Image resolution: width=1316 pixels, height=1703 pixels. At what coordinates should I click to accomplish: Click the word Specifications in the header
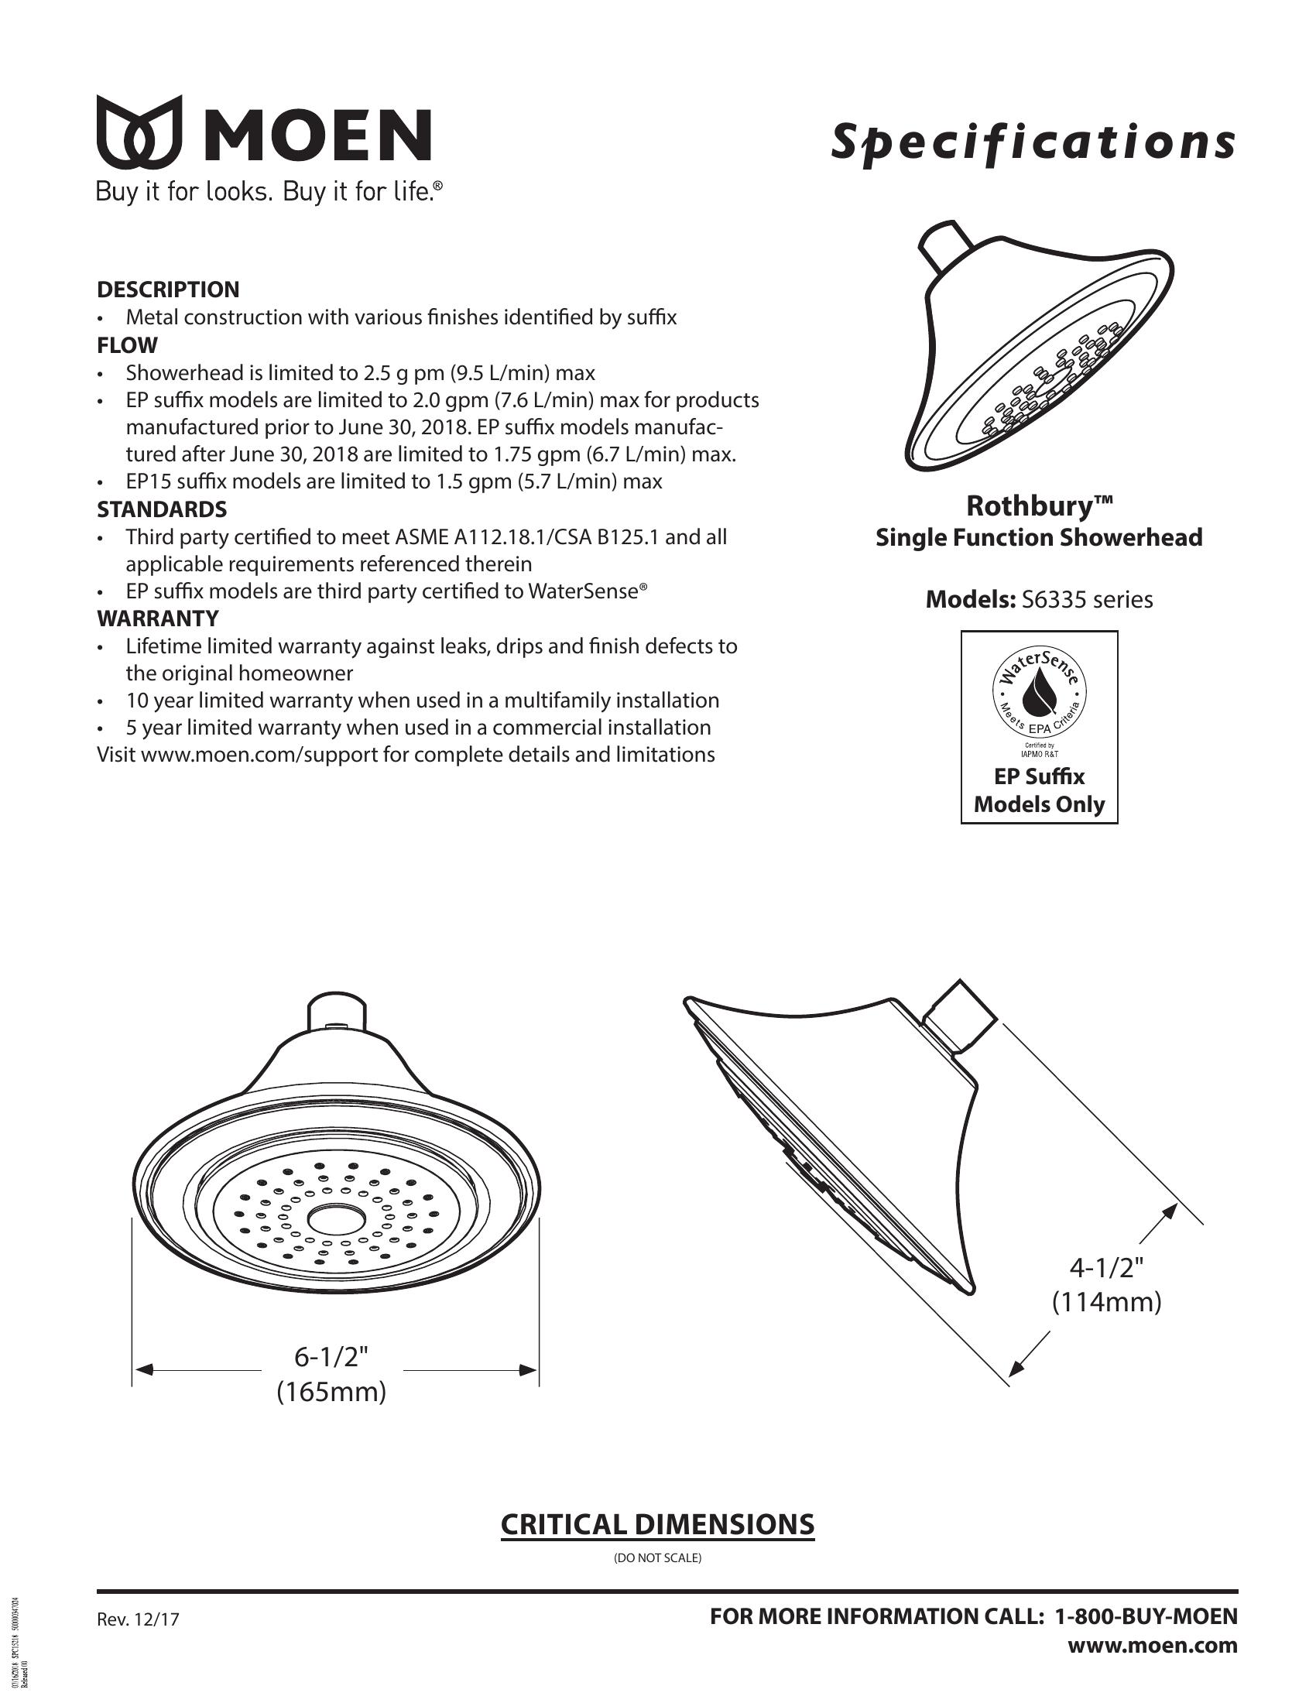point(1032,143)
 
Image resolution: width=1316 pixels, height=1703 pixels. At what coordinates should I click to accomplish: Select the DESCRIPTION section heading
point(168,290)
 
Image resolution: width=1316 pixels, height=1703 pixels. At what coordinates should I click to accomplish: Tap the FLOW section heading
point(127,344)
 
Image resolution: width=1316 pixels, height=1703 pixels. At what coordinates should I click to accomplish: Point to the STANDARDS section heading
point(161,509)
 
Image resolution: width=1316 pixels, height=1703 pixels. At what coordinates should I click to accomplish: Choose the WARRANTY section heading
point(157,618)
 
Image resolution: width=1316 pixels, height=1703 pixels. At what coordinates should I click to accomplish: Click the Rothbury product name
point(1039,506)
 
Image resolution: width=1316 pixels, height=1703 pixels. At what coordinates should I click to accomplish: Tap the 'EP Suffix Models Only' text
point(1039,790)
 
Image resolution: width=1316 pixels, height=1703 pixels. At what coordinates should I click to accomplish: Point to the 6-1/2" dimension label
point(331,1358)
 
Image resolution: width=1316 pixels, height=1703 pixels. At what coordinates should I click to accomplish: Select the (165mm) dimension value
point(331,1392)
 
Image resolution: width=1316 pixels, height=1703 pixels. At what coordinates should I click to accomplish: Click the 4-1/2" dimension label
point(1106,1269)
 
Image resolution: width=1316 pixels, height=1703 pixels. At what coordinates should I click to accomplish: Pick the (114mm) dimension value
point(1106,1302)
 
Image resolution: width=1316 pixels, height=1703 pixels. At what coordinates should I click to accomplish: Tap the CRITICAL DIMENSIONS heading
point(657,1524)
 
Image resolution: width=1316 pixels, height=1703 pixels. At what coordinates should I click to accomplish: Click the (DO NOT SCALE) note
point(657,1559)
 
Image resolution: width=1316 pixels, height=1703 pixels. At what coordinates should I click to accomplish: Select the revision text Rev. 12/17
point(138,1619)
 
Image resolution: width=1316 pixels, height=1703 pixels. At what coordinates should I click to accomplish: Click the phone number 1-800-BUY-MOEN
point(1145,1616)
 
